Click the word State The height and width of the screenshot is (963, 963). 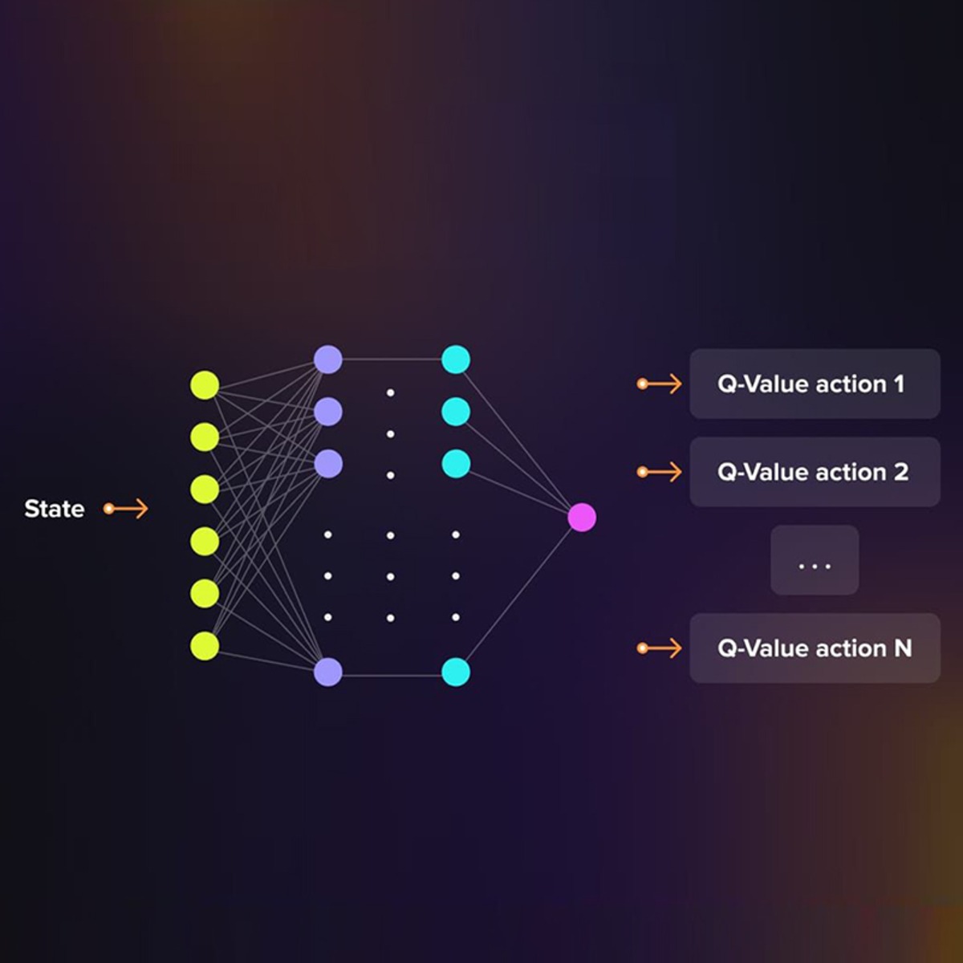pyautogui.click(x=55, y=509)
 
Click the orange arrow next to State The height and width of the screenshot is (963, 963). pyautogui.click(x=125, y=509)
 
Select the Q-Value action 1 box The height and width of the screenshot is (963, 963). pyautogui.click(x=815, y=384)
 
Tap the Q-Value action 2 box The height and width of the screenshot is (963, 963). pyautogui.click(x=815, y=472)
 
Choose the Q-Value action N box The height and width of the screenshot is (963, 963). pyautogui.click(x=815, y=648)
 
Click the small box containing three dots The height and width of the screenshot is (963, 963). pyautogui.click(x=815, y=559)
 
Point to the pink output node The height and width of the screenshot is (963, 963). pyautogui.click(x=582, y=518)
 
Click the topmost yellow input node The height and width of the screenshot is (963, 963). pyautogui.click(x=205, y=385)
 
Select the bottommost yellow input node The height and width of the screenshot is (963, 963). pyautogui.click(x=205, y=646)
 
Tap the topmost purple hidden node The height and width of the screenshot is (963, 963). pyautogui.click(x=328, y=360)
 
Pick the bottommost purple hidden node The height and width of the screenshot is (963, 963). pyautogui.click(x=328, y=672)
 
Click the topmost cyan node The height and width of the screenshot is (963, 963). pyautogui.click(x=456, y=360)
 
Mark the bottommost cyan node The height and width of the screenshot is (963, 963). pyautogui.click(x=456, y=672)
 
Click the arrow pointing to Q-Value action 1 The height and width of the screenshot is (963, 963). pyautogui.click(x=659, y=384)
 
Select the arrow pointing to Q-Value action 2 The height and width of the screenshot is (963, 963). pyautogui.click(x=659, y=472)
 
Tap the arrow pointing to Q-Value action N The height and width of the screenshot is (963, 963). pyautogui.click(x=659, y=648)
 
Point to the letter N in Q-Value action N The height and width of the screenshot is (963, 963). pyautogui.click(x=903, y=648)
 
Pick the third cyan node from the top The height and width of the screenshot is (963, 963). pyautogui.click(x=456, y=463)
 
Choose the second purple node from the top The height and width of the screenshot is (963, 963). pyautogui.click(x=328, y=412)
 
